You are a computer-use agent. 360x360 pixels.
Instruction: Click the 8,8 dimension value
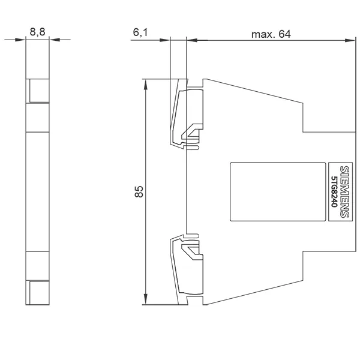(x=37, y=32)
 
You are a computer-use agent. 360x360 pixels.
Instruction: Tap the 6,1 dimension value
(x=140, y=32)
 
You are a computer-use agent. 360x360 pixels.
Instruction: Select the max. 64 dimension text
(x=271, y=34)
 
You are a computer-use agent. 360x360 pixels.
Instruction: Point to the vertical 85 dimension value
(x=139, y=192)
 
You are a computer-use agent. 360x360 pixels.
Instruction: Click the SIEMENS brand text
(x=344, y=192)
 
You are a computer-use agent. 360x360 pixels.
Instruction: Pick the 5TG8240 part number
(x=334, y=192)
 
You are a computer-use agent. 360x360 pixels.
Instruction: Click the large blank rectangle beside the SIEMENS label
(x=278, y=192)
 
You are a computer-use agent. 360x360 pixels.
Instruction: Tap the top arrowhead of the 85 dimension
(x=146, y=85)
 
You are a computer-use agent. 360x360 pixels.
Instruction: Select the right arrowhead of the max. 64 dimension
(x=350, y=40)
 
